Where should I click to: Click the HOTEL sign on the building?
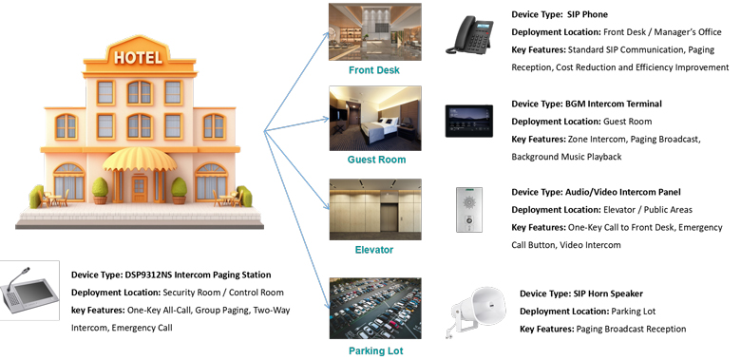(138, 57)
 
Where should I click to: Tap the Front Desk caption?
(373, 70)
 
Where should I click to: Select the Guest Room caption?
(373, 160)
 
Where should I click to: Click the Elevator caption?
(373, 250)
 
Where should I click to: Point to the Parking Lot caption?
(374, 351)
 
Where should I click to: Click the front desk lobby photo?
(373, 32)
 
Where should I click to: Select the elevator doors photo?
(373, 210)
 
